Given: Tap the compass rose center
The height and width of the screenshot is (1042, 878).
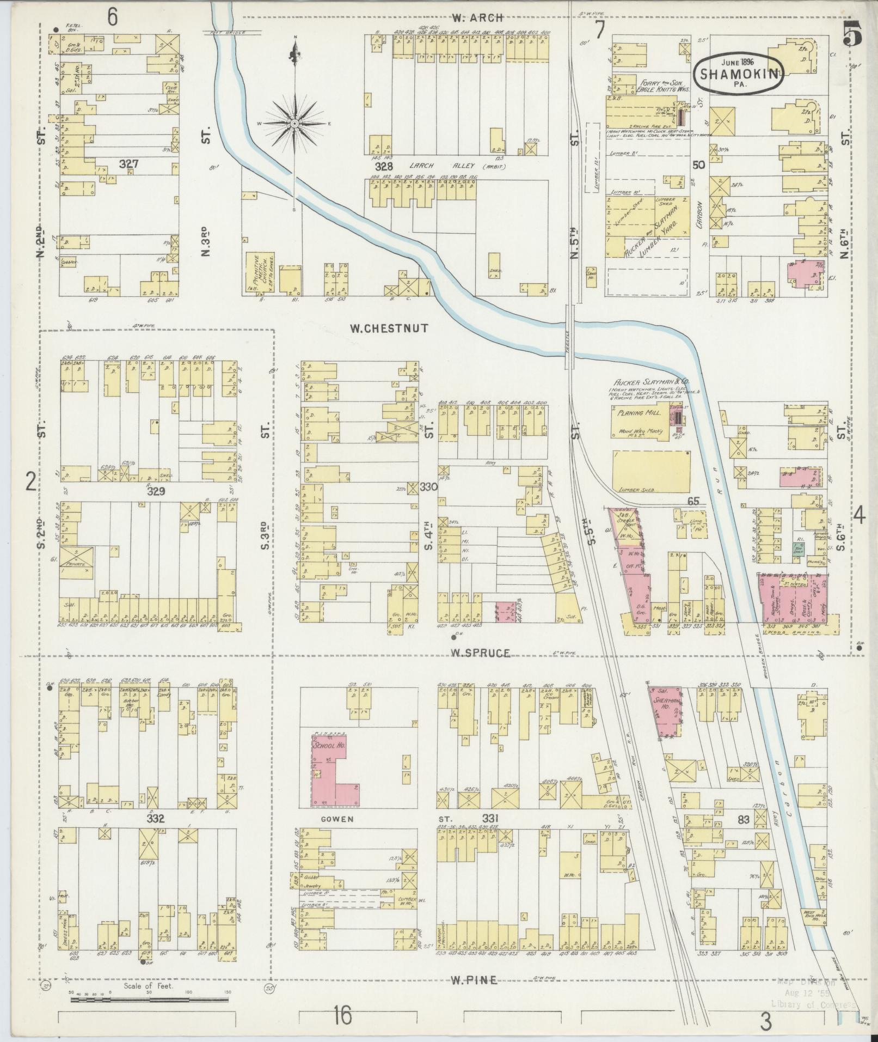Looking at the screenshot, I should click(294, 124).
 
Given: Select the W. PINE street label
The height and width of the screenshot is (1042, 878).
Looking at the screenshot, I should click(474, 980).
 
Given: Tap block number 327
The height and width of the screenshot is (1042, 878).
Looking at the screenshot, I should click(131, 163).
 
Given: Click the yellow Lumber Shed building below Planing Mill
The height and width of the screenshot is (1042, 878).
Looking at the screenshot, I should click(651, 471).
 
